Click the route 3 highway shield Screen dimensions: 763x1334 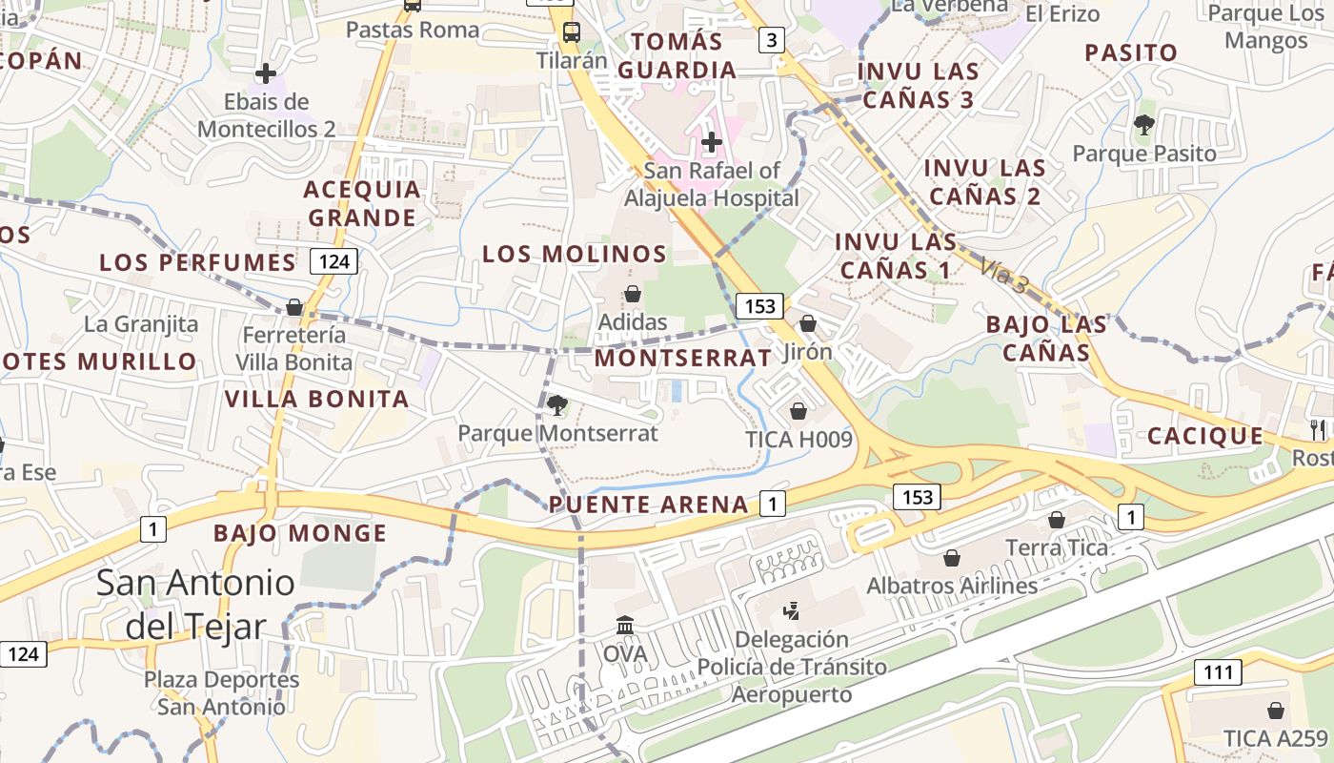tap(771, 40)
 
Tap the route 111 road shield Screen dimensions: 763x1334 tap(1218, 672)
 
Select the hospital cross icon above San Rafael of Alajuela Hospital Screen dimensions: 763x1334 tap(711, 142)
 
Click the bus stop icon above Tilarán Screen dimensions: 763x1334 tap(571, 31)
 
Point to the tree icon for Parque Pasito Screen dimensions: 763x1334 tap(1143, 124)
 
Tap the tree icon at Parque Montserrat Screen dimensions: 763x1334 tap(557, 405)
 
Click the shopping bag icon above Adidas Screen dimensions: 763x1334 tap(632, 294)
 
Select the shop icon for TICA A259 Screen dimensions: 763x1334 tap(1275, 711)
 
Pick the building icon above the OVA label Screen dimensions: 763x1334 tap(625, 626)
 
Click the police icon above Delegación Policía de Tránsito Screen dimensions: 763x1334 tap(791, 610)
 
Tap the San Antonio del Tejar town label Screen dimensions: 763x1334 tap(195, 604)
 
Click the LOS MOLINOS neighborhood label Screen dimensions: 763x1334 tap(574, 254)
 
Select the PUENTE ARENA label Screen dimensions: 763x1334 tap(649, 505)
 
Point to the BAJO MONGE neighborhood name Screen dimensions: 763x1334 tap(300, 533)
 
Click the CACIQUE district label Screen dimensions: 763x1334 tap(1204, 436)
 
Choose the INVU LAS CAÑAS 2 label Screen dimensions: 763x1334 tap(984, 182)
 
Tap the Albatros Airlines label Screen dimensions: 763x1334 tap(951, 586)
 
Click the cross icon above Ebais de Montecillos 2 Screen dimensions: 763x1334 tap(266, 72)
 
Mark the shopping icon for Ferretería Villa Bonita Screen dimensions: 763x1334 tap(294, 307)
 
